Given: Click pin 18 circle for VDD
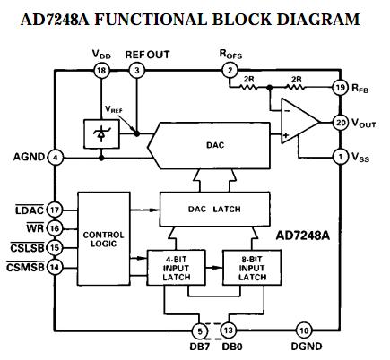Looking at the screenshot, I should click(102, 70).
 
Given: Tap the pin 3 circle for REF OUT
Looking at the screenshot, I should click(136, 70).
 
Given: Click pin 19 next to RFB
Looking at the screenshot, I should click(340, 88).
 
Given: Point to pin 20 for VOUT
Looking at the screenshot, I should click(340, 123).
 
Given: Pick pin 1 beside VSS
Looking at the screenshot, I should click(340, 158).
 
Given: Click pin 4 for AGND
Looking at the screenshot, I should click(56, 158).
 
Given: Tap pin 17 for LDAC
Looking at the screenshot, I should click(56, 210).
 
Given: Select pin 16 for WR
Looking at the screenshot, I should click(56, 229).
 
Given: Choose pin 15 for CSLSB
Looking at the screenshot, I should click(56, 247).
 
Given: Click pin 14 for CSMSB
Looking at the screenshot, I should click(56, 265).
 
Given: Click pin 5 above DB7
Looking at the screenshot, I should click(200, 330).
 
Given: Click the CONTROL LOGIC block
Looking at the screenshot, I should click(104, 240).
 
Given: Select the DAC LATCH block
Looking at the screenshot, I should click(212, 208).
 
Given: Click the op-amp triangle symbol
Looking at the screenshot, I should click(298, 123).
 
